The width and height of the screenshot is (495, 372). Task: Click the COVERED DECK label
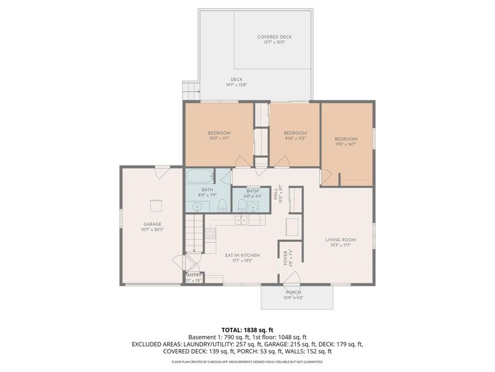[x=274, y=37]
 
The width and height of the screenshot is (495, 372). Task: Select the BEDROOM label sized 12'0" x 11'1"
[x=219, y=133]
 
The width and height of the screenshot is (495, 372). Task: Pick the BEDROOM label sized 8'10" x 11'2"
[x=295, y=133]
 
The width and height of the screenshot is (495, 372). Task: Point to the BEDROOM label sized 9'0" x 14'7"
[x=346, y=139]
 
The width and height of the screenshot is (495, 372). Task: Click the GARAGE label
[x=152, y=224]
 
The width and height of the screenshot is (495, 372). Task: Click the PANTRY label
[x=194, y=275]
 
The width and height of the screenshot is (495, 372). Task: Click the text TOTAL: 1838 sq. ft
[x=247, y=329]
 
